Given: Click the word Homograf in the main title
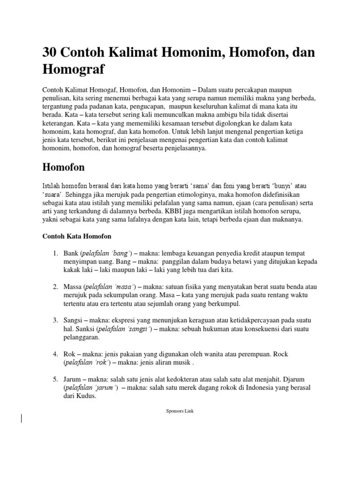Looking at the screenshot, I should click(x=74, y=69).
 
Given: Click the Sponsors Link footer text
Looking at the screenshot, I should click(x=180, y=411).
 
